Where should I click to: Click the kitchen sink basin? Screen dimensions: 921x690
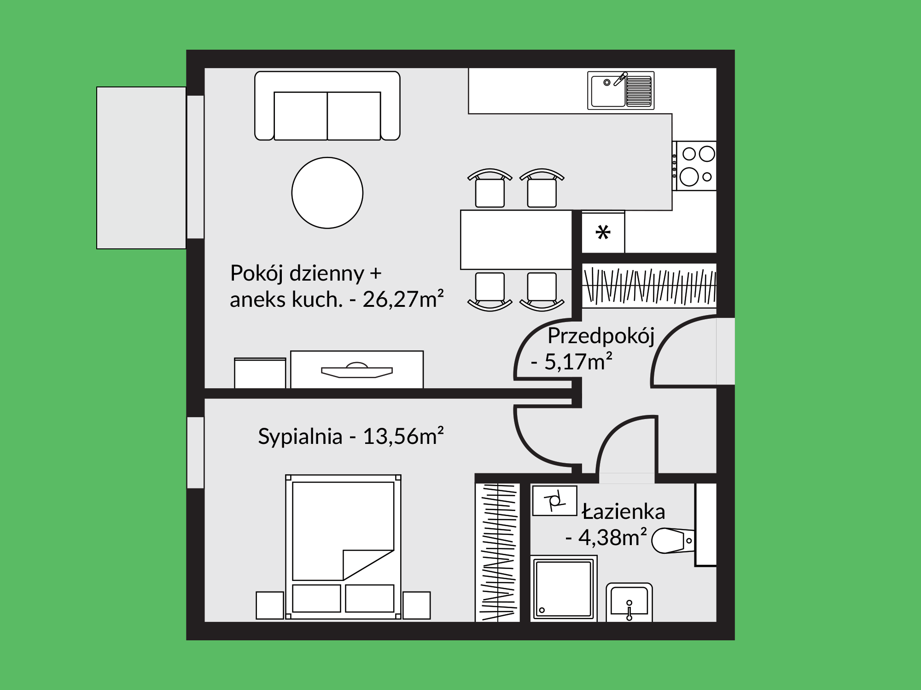(x=621, y=91)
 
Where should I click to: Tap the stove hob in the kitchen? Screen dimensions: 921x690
(x=694, y=166)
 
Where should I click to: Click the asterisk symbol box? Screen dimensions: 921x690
(x=603, y=233)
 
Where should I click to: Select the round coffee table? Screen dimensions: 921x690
(x=327, y=193)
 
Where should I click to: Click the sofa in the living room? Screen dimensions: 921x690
(x=327, y=105)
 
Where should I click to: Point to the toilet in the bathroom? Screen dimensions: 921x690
(x=673, y=540)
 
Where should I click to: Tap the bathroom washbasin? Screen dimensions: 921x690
(x=630, y=602)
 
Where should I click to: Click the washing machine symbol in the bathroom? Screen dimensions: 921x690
(x=555, y=500)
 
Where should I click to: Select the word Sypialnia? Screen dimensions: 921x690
(x=300, y=437)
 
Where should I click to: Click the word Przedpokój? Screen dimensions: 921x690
(x=601, y=337)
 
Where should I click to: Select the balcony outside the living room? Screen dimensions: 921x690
(x=141, y=168)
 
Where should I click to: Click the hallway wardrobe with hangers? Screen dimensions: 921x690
(x=649, y=286)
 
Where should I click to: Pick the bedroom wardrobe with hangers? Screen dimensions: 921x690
(x=498, y=552)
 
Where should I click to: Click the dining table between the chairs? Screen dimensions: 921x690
(x=516, y=240)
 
